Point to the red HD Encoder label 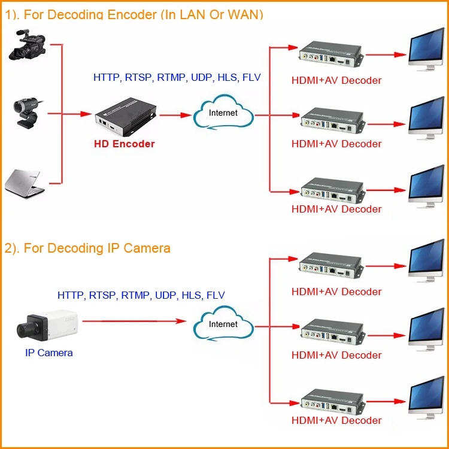click(125, 144)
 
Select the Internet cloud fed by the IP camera click(223, 324)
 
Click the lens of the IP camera click(26, 326)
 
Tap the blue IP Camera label click(49, 353)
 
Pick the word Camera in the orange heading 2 click(147, 248)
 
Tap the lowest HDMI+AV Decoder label click(336, 420)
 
